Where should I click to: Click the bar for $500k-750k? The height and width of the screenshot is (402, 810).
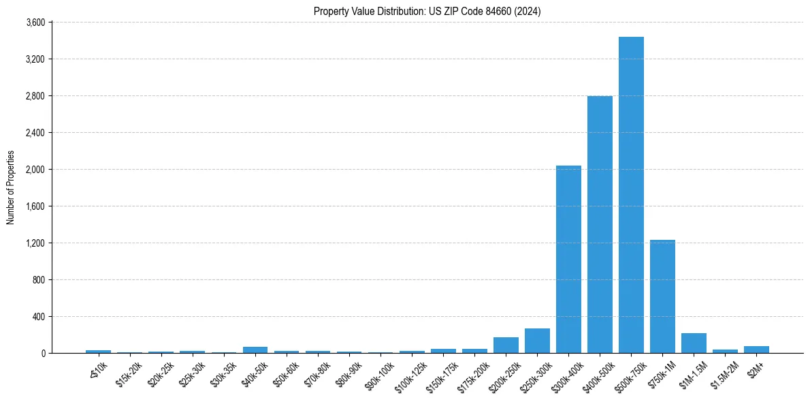[x=631, y=195]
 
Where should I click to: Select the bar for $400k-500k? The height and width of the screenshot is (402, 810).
[x=600, y=224]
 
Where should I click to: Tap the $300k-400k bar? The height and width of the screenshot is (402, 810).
[x=568, y=259]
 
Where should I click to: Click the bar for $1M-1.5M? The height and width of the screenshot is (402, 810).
[x=694, y=343]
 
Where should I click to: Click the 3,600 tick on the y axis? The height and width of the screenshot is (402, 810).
[x=35, y=22]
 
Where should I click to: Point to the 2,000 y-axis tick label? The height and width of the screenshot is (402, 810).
[x=35, y=170]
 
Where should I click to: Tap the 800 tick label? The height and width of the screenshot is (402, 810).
[x=39, y=280]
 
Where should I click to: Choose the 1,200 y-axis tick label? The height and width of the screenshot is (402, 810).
[x=35, y=243]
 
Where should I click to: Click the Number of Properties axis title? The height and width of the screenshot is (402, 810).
[x=10, y=187]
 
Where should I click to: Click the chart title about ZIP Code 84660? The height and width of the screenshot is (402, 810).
[x=427, y=11]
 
